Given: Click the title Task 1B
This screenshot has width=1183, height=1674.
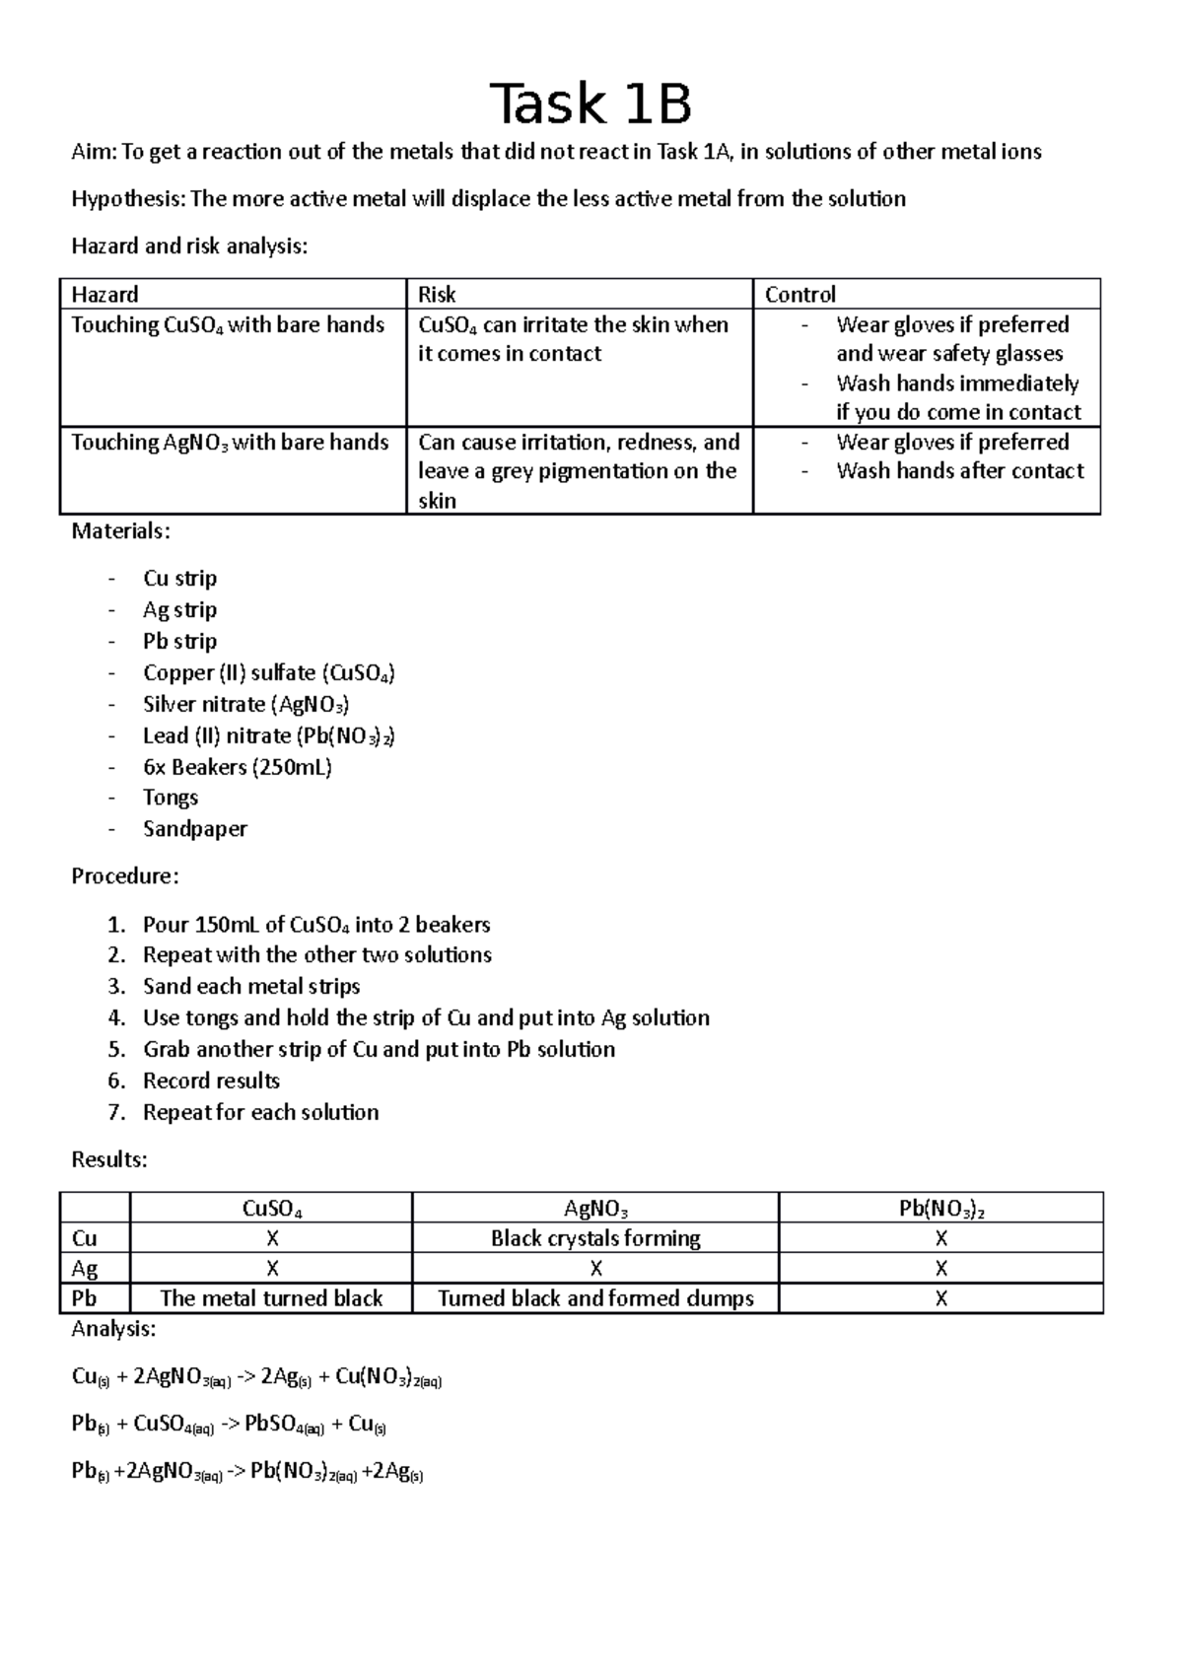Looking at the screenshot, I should point(591,104).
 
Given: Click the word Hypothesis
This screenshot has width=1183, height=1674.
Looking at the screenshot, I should point(127,199).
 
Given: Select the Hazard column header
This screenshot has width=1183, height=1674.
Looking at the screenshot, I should point(104,294).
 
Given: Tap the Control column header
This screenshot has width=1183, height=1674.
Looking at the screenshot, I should point(800,294).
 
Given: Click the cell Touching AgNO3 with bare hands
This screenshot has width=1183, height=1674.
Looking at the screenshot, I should point(230,443).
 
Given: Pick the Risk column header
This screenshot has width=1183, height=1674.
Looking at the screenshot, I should point(437,294).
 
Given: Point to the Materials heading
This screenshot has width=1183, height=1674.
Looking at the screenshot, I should point(120,531).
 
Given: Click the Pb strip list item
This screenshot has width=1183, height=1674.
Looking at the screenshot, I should point(179,641).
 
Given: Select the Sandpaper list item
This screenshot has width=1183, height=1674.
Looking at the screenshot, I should point(194,829).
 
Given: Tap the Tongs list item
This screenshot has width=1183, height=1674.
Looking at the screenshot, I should point(171,798).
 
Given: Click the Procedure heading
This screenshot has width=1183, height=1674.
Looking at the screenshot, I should point(125,876).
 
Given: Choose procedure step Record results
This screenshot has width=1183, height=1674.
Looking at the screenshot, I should point(211,1081).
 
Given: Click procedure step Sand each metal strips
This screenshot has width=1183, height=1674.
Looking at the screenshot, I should point(251,987).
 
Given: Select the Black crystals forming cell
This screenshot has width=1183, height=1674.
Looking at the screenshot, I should point(595,1238).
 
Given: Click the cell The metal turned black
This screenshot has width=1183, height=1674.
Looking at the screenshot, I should point(271,1298).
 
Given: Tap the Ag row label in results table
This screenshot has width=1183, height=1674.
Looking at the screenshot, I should point(85,1269).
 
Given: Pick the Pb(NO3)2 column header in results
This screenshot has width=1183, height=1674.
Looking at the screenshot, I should point(941,1209).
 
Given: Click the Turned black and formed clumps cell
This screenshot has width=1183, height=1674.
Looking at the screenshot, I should point(595,1298).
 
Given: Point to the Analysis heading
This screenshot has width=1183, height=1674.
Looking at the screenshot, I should point(113,1329).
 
